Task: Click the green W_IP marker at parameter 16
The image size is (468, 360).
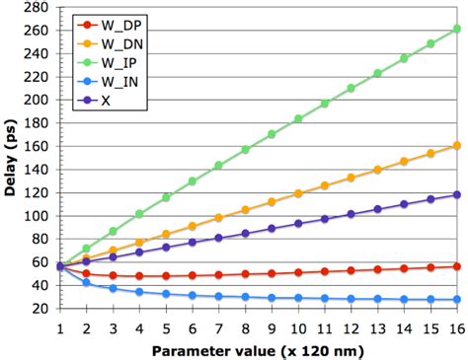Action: [x=456, y=30]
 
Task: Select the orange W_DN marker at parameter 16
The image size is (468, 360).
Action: [x=456, y=146]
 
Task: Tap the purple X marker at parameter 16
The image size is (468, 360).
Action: [x=456, y=194]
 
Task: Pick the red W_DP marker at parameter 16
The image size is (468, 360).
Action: [x=456, y=266]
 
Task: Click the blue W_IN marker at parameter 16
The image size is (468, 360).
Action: [x=456, y=299]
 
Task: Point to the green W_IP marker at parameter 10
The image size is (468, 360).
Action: [x=298, y=119]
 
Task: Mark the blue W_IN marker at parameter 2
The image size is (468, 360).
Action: [x=86, y=283]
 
